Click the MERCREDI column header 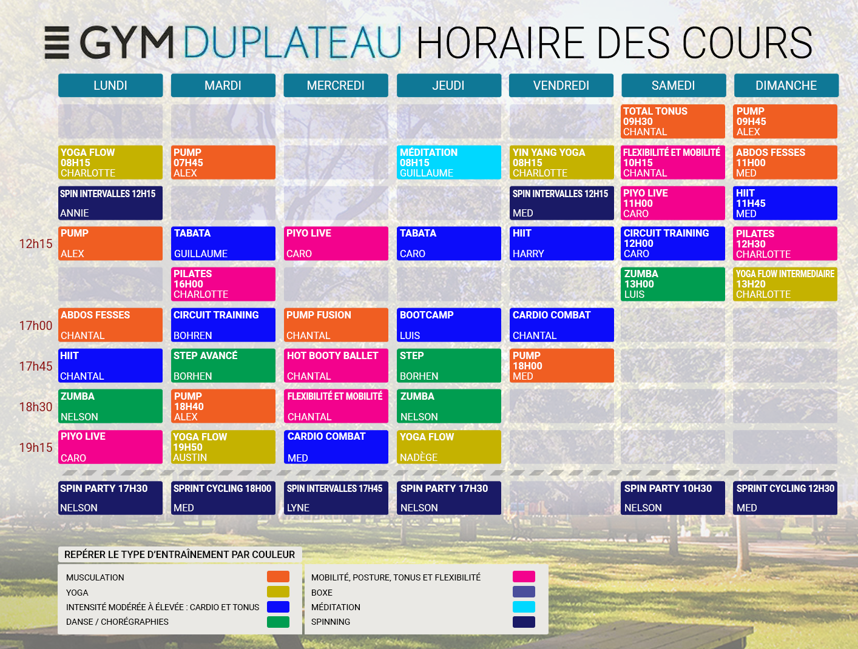coord(336,86)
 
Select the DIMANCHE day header coord(786,86)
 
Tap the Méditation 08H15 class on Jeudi coord(448,163)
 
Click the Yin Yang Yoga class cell coord(561,163)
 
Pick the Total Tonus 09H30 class coord(673,121)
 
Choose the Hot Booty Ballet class coord(336,366)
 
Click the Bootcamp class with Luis coord(448,325)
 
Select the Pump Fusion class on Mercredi coord(336,325)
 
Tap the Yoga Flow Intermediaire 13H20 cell coord(785,284)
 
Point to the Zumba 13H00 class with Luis coord(673,284)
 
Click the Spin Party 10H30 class coord(673,498)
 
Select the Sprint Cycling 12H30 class coord(785,498)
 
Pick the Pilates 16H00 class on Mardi coord(223,284)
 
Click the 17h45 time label coord(36,366)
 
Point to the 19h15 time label coord(36,448)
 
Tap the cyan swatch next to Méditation coord(524,607)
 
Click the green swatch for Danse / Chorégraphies coord(278,622)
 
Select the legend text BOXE coord(322,593)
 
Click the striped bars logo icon coord(57,42)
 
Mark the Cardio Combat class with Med coord(336,447)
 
